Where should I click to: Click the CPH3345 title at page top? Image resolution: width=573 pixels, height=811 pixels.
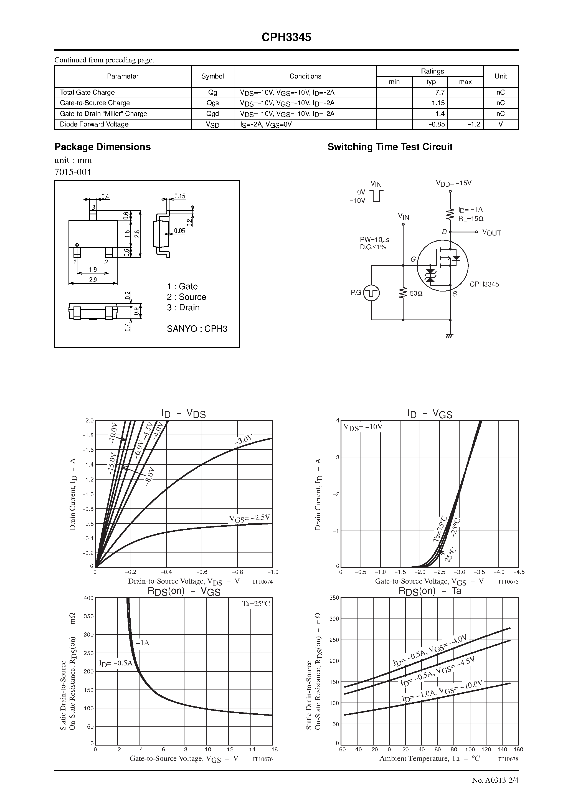pos(286,37)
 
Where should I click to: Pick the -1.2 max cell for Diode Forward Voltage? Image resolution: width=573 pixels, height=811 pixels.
pos(473,124)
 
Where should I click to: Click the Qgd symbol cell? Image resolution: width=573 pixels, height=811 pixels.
pos(213,114)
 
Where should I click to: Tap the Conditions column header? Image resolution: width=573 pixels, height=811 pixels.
pos(305,76)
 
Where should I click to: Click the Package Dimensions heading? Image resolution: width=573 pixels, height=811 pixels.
pos(102,147)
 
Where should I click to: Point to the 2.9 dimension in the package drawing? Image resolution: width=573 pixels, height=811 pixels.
pos(93,280)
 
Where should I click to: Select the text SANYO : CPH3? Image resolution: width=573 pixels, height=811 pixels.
pos(197,329)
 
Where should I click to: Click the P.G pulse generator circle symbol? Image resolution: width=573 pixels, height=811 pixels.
pos(371,293)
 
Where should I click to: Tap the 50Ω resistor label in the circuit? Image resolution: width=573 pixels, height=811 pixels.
pos(416,293)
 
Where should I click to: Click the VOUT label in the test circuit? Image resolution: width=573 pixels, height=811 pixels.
pos(491,233)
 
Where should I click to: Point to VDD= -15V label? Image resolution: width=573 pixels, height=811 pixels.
pos(453,183)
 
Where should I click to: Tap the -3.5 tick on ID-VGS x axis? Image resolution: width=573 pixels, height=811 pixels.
pos(479,572)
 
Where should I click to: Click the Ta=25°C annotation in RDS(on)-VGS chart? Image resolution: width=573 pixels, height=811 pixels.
pos(256,604)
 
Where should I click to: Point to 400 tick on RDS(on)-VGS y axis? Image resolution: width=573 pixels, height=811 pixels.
pos(89,598)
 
